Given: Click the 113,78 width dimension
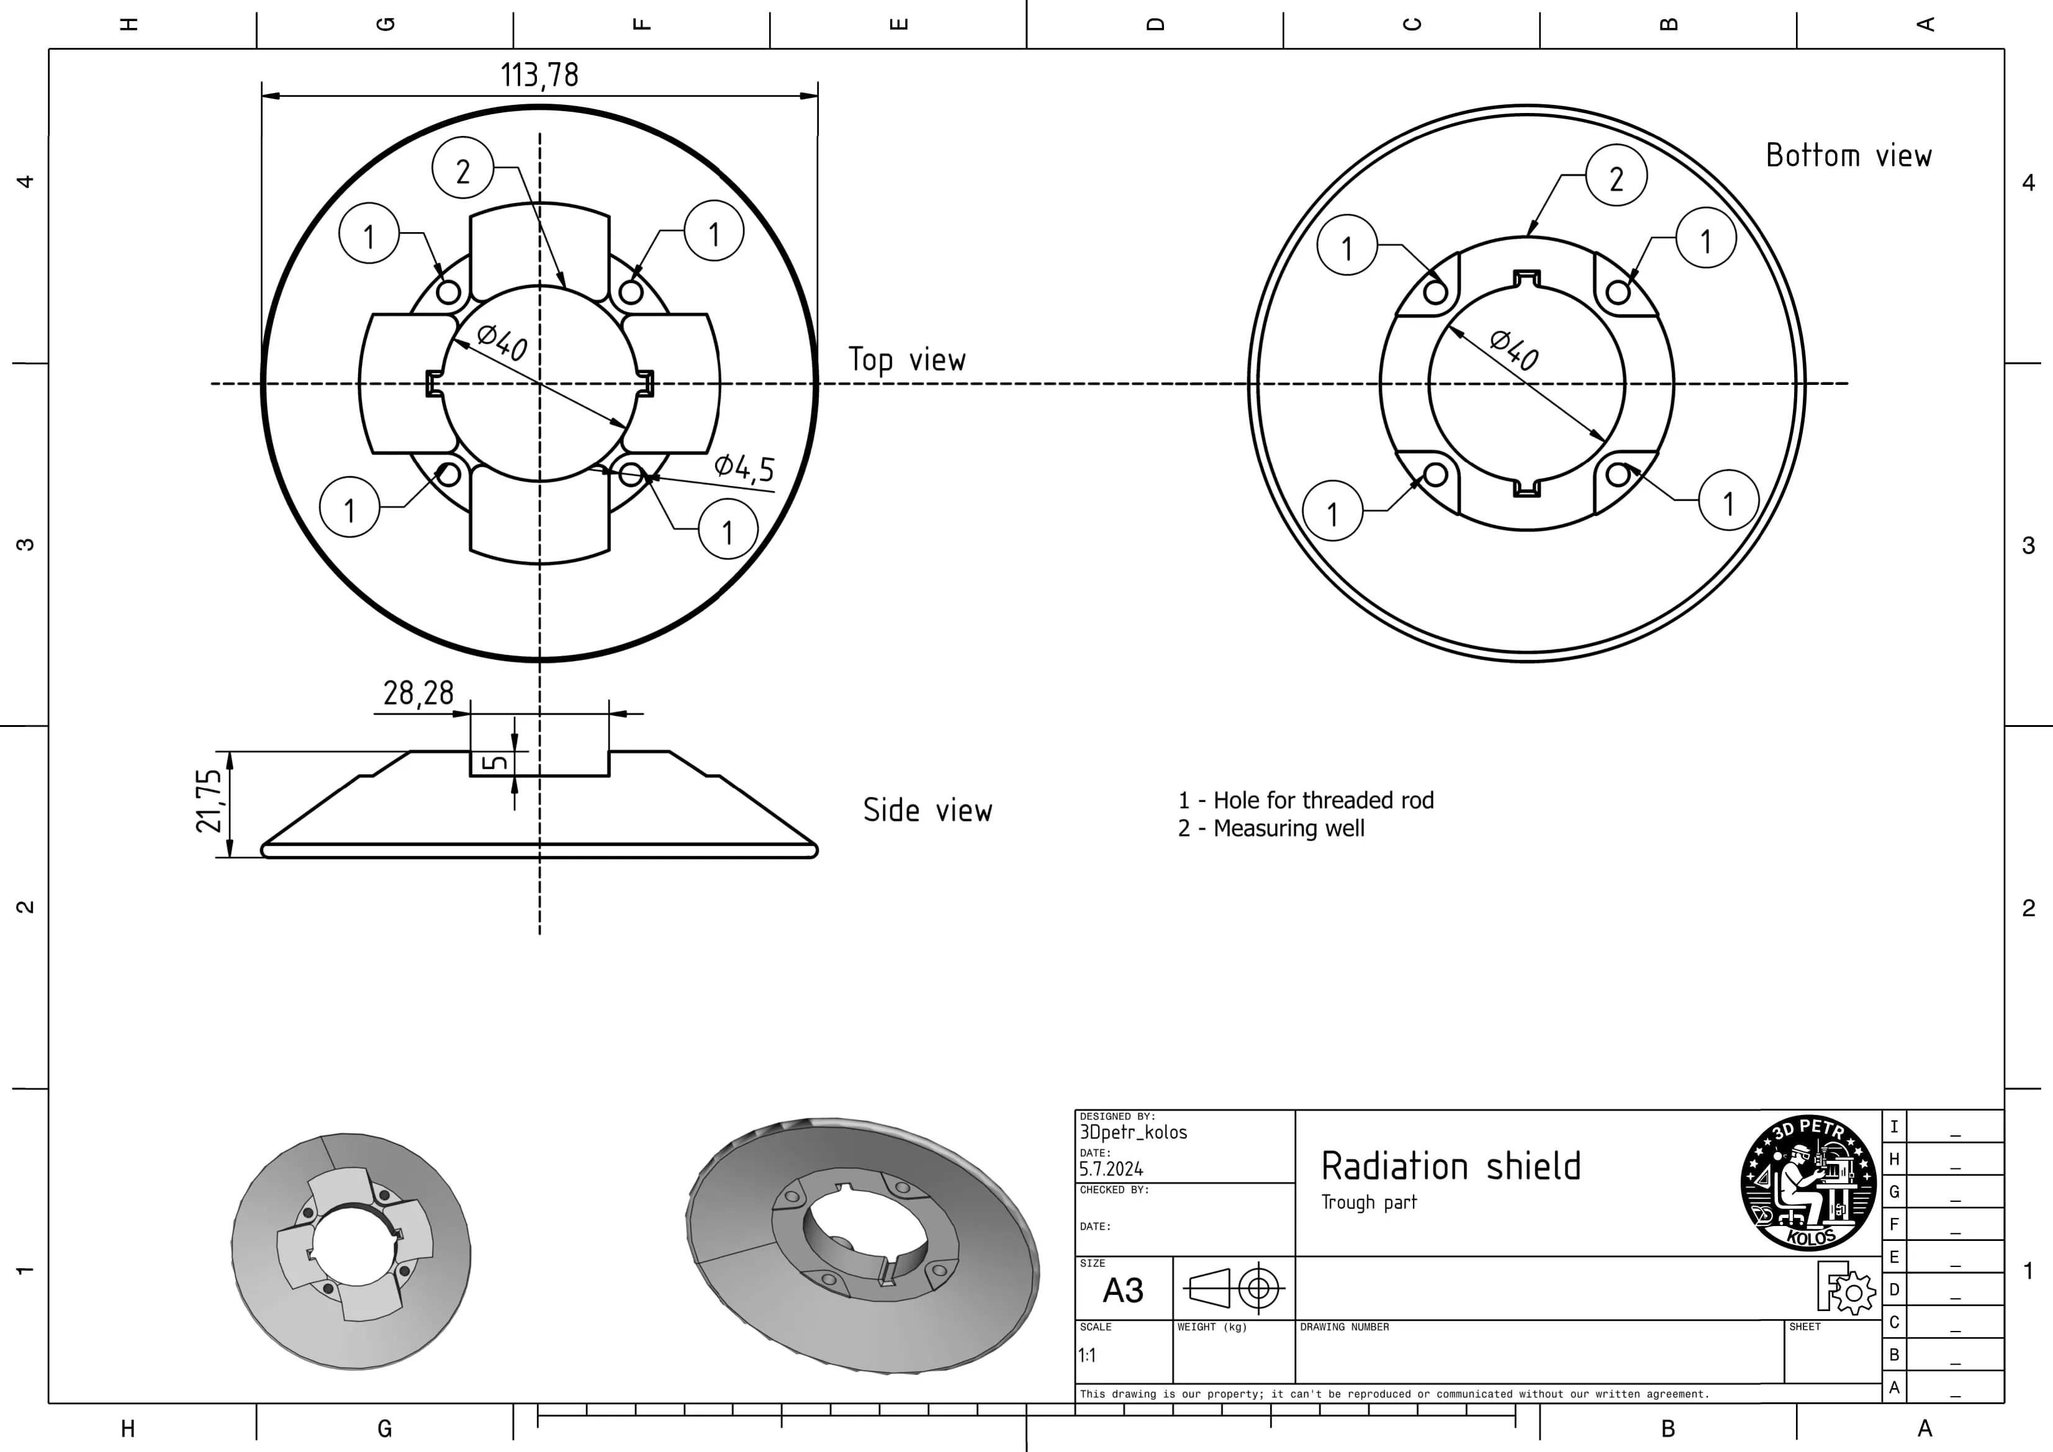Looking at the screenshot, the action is pyautogui.click(x=539, y=75).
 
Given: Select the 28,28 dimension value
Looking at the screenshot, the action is pyautogui.click(x=418, y=693).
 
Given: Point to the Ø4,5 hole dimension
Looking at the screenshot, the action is pyautogui.click(x=744, y=467).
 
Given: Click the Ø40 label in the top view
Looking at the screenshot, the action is pyautogui.click(x=502, y=343).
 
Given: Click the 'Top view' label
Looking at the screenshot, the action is pyautogui.click(x=906, y=359).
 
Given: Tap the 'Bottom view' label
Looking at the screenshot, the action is pyautogui.click(x=1848, y=156).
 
